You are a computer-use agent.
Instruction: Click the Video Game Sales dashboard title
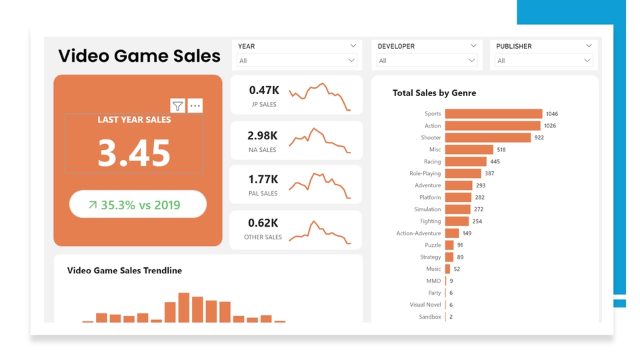point(139,55)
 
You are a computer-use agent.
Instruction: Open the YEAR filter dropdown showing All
point(297,61)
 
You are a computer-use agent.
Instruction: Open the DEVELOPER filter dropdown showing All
point(427,61)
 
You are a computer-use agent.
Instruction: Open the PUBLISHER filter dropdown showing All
point(544,61)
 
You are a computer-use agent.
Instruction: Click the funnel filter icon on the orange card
point(177,106)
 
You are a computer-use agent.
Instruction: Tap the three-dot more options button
point(195,106)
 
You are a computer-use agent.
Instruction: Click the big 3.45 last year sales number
point(134,153)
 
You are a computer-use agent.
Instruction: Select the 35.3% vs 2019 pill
point(138,205)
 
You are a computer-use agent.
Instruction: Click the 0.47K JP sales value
point(264,90)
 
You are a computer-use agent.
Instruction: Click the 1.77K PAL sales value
point(263,179)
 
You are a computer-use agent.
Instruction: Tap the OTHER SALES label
point(263,237)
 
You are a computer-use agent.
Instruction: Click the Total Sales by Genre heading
point(434,93)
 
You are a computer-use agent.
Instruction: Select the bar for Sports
point(493,114)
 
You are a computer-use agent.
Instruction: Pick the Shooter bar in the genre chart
point(487,138)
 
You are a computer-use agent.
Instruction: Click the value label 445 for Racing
point(495,162)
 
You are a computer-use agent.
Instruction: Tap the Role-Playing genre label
point(425,173)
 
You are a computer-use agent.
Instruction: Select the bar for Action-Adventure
point(452,233)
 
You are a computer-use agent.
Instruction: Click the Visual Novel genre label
point(425,305)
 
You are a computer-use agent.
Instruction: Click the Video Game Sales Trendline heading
point(125,271)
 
